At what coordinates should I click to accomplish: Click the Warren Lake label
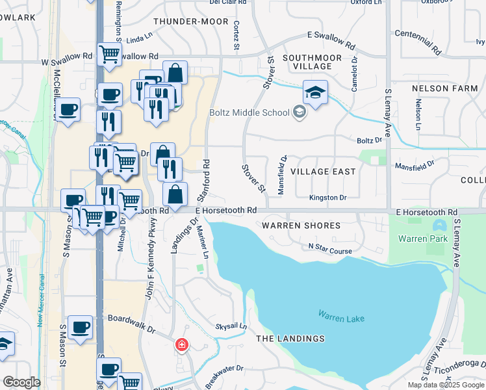click(x=341, y=317)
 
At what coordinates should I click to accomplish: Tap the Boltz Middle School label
click(x=249, y=112)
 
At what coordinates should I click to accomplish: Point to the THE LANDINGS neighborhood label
click(x=290, y=339)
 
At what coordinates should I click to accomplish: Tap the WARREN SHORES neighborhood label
click(x=301, y=226)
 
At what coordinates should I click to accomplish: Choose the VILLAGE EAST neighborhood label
click(x=323, y=172)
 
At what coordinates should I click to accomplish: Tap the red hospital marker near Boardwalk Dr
click(x=182, y=344)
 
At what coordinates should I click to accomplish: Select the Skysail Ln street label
click(x=231, y=326)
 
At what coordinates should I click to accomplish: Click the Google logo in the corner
click(x=21, y=382)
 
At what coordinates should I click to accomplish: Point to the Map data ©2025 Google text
click(x=445, y=385)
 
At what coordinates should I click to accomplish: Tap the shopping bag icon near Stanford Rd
click(x=175, y=194)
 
